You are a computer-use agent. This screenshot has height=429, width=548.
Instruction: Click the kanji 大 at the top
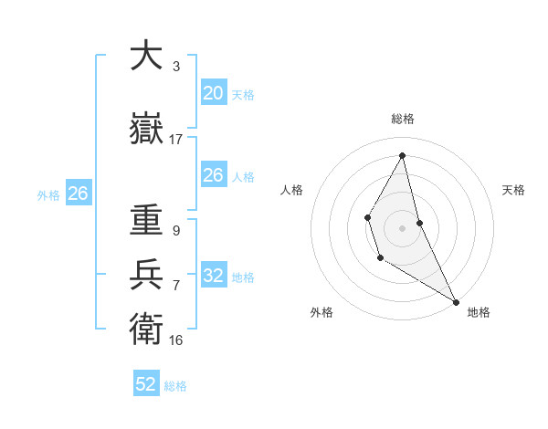pos(146,57)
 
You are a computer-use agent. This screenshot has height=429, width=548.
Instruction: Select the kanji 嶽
pos(146,129)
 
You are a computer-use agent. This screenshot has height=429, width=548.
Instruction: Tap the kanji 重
pos(146,220)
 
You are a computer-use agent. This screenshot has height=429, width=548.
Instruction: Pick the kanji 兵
pos(146,274)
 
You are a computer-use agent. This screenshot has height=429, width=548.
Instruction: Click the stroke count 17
pos(176,140)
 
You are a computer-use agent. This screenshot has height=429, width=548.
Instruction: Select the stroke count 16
pos(176,340)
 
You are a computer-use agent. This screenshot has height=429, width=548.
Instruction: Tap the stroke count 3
pos(176,67)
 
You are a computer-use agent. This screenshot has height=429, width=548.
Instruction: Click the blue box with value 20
pos(213,93)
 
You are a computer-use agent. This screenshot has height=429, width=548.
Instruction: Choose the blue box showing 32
pos(213,276)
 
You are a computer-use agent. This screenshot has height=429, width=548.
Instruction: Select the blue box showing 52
pos(146,384)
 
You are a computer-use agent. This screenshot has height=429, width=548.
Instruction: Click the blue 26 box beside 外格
pos(78,194)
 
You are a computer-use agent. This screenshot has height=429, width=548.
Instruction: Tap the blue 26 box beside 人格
pos(213,175)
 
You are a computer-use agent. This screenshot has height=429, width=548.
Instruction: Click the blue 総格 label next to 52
pos(175,386)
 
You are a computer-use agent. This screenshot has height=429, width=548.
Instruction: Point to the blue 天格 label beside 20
pos(242,94)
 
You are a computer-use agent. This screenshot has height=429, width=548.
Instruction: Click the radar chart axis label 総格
pos(403,119)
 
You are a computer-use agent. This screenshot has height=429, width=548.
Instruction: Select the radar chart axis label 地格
pos(479,312)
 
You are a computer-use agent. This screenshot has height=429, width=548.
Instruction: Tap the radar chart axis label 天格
pos(513,190)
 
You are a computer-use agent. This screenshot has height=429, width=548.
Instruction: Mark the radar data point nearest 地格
pos(457,301)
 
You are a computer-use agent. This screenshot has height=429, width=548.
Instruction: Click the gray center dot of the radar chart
pos(402,227)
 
